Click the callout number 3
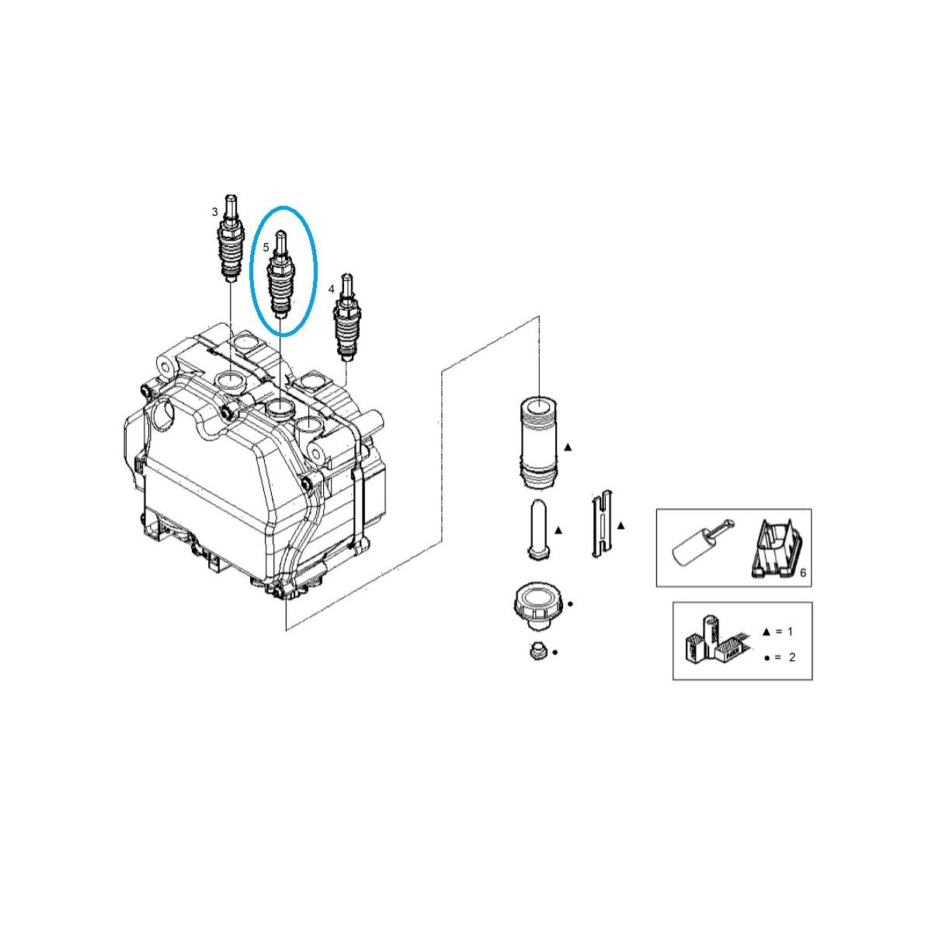(215, 211)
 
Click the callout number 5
(266, 247)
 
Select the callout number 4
(332, 289)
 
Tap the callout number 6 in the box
(803, 572)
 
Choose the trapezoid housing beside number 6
(774, 550)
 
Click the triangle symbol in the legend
(766, 631)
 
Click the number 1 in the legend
(790, 631)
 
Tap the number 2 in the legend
(791, 658)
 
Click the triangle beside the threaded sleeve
(568, 447)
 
